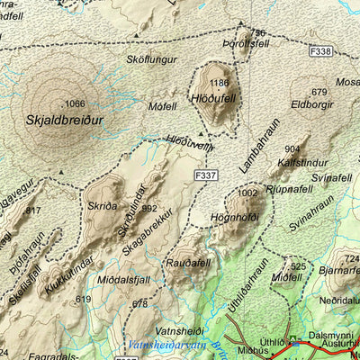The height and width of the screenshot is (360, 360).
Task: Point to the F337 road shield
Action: coord(205,175)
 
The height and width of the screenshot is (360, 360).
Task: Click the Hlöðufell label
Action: coord(212,98)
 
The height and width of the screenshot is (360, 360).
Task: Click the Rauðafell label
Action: coord(187,262)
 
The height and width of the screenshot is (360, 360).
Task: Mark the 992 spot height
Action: coord(149,208)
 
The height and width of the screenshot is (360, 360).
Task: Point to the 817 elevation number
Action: coord(33,211)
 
